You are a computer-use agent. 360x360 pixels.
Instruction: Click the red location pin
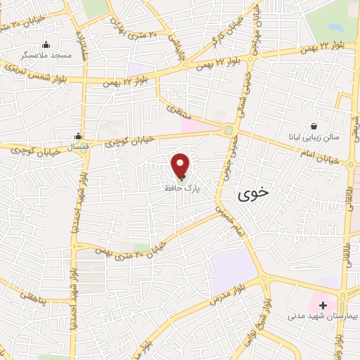180,165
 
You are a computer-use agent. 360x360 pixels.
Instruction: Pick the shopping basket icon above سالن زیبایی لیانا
312,124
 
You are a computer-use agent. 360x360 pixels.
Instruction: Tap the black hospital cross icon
323,304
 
